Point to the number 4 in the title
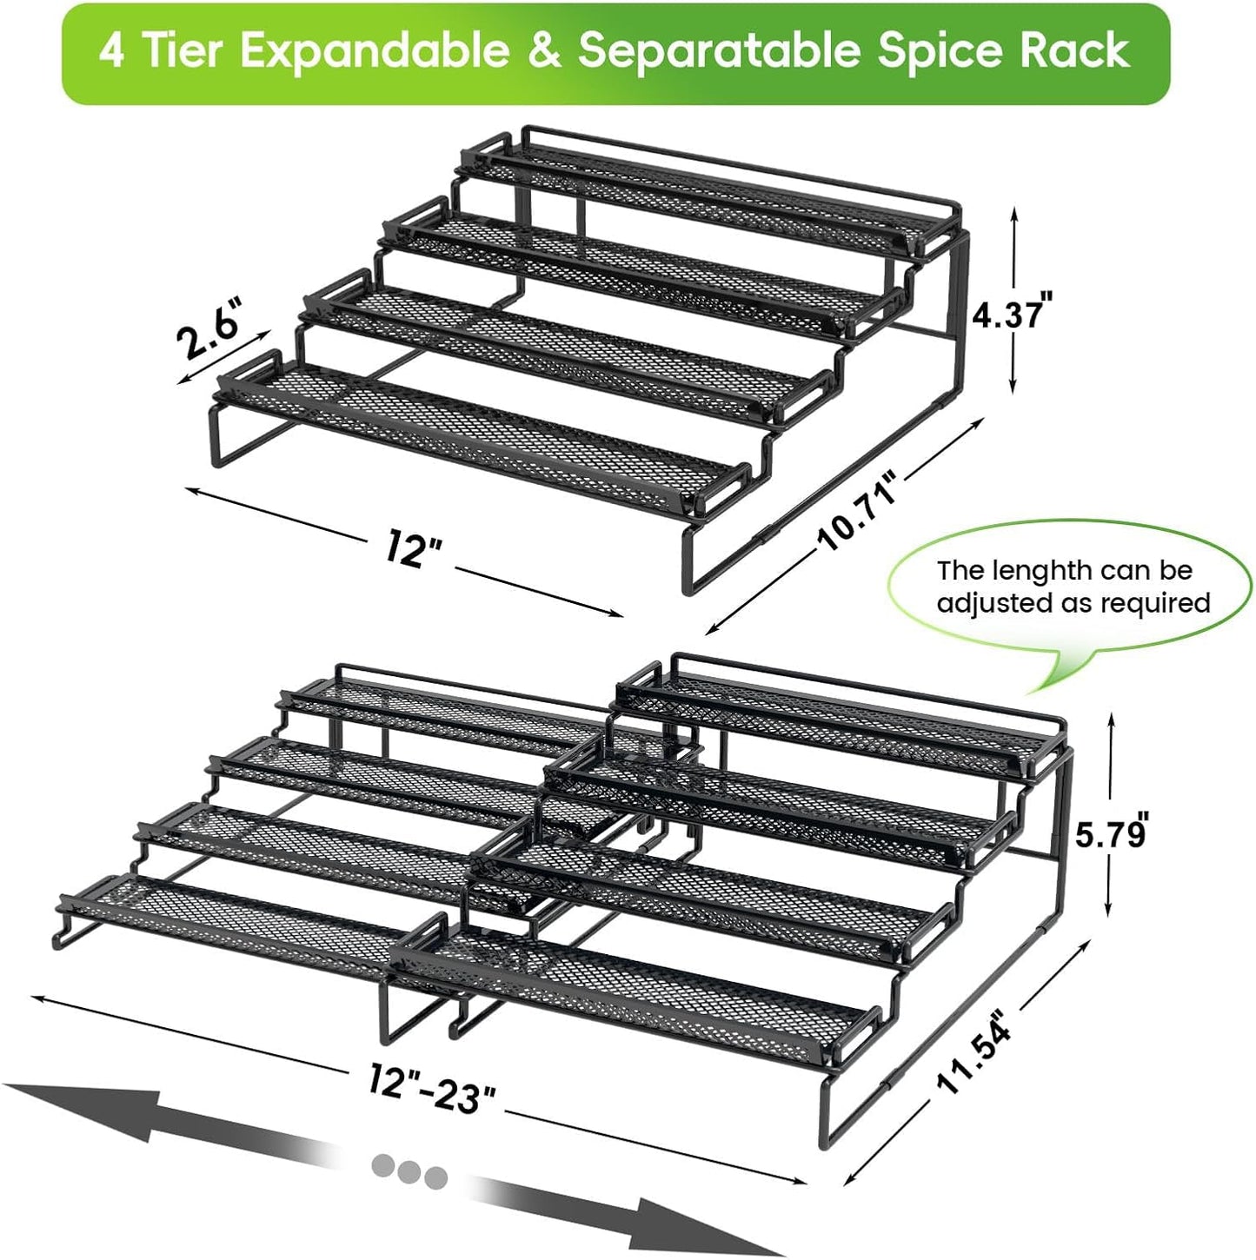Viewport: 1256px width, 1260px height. (110, 52)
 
